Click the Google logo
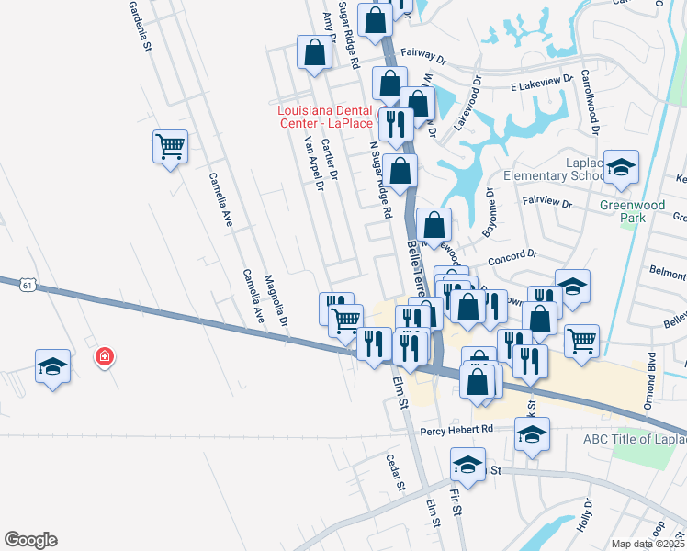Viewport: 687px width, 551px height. pos(30,540)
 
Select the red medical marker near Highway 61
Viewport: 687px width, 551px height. pos(105,356)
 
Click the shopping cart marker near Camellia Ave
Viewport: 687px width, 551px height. pos(170,147)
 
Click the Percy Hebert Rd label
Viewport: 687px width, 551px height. pos(457,430)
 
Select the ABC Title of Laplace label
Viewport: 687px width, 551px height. pos(633,438)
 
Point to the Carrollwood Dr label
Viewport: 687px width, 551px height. pos(589,104)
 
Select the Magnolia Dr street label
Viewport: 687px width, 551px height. pos(276,301)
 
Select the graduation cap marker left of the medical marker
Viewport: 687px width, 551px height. pos(52,365)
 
